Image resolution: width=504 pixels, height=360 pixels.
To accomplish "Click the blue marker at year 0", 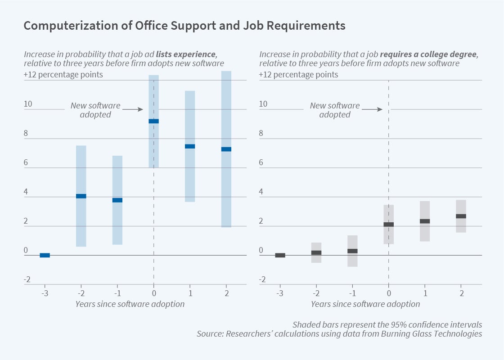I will (154, 121).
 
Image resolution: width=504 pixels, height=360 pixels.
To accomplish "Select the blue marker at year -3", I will (45, 255).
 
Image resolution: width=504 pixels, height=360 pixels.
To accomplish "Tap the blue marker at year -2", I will (81, 196).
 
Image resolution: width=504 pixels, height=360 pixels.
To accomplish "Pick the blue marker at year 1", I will (190, 146).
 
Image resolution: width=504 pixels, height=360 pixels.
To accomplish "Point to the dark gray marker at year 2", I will (461, 216).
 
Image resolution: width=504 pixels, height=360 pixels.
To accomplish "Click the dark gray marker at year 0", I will (389, 224).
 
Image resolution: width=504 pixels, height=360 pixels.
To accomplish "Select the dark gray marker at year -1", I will (352, 251).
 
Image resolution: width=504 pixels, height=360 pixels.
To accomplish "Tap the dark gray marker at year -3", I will (280, 255).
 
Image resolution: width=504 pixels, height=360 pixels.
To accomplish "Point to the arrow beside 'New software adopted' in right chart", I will (372, 109).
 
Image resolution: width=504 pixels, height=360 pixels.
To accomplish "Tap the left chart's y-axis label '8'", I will (26, 133).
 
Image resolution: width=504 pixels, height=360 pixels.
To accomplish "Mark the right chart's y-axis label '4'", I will (261, 192).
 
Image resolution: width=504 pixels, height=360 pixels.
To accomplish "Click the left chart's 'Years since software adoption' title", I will (130, 304).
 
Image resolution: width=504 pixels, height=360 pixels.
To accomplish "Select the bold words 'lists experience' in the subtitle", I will (186, 54).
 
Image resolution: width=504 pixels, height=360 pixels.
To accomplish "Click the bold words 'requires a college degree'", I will (429, 54).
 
